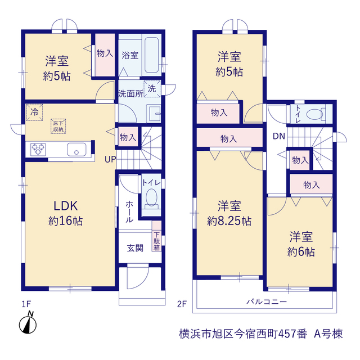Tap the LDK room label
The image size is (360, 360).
click(66, 206)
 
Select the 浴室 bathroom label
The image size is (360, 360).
click(130, 55)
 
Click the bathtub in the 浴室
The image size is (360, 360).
click(152, 55)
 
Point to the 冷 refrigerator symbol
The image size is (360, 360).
click(34, 112)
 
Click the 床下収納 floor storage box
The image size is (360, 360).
click(58, 126)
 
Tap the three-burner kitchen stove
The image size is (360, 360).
click(38, 150)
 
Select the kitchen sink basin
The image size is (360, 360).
click(76, 150)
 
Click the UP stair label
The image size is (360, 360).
click(110, 159)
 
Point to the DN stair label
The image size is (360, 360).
click(279, 136)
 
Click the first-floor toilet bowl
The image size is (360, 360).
click(151, 198)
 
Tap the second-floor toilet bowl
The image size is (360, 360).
click(315, 114)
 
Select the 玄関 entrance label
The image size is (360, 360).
click(135, 248)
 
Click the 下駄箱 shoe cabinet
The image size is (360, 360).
click(156, 236)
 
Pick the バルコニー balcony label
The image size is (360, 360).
click(267, 301)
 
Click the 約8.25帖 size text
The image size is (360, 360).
click(229, 221)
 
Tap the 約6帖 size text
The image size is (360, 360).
click(301, 252)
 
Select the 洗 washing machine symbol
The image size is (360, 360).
click(152, 89)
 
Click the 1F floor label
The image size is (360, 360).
click(26, 304)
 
